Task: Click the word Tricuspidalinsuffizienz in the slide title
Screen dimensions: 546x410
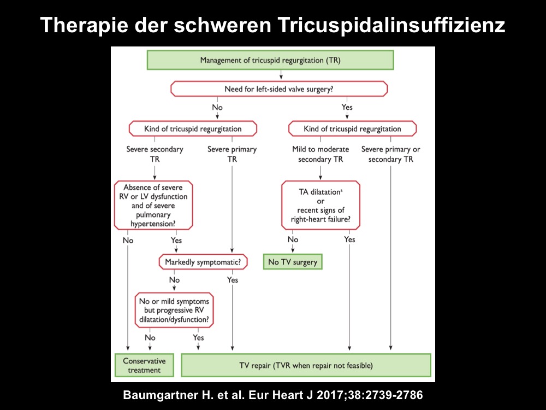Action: [x=391, y=26]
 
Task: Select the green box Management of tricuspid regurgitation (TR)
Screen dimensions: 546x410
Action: [x=270, y=60]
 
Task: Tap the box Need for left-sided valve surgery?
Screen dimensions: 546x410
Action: [x=279, y=89]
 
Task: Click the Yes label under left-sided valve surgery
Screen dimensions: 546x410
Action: [x=347, y=107]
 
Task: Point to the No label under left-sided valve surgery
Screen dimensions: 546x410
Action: [x=217, y=107]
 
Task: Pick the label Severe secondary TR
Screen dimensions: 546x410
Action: [x=155, y=154]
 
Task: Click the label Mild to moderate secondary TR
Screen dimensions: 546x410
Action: [x=321, y=154]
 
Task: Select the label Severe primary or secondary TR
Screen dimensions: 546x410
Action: [x=391, y=154]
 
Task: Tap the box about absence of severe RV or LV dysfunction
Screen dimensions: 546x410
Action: [x=153, y=206]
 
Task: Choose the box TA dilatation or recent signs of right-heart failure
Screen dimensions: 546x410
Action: [x=321, y=206]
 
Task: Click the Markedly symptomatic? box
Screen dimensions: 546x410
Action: [x=203, y=262]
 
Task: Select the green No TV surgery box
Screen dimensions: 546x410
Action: [x=293, y=262]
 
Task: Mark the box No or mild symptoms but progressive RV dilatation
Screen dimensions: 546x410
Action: [x=174, y=311]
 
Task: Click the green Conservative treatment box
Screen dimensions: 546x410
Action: [x=144, y=365]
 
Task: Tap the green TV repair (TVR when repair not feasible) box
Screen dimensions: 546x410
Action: [x=306, y=365]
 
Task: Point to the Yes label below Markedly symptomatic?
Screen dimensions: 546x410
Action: [x=233, y=279]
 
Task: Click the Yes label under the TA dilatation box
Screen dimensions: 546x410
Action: [x=349, y=239]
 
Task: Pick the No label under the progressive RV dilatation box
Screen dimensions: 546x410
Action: [x=150, y=337]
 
